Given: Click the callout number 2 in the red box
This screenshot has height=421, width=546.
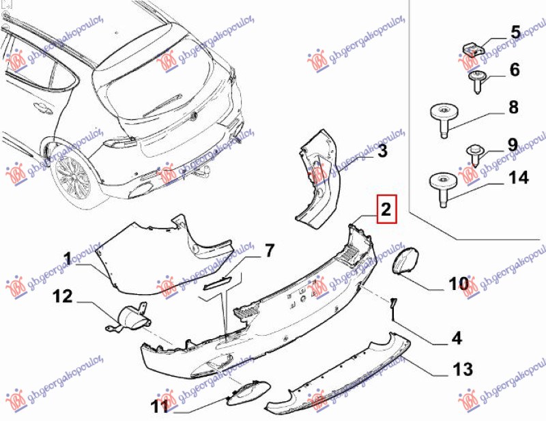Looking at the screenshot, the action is click(x=386, y=209).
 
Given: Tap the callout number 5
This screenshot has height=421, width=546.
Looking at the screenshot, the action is click(x=516, y=32).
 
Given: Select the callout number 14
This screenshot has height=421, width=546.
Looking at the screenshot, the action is click(x=519, y=177).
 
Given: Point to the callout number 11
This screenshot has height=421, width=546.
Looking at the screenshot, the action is click(x=160, y=406).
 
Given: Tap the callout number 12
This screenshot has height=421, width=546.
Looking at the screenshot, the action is click(x=63, y=296).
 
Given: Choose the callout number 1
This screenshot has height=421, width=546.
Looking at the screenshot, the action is click(x=68, y=259).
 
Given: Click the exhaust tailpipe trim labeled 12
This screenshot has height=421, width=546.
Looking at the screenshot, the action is click(x=128, y=316).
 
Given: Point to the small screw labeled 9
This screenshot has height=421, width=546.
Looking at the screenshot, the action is click(x=475, y=154).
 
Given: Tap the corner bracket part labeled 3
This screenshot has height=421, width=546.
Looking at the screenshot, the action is click(x=319, y=179).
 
